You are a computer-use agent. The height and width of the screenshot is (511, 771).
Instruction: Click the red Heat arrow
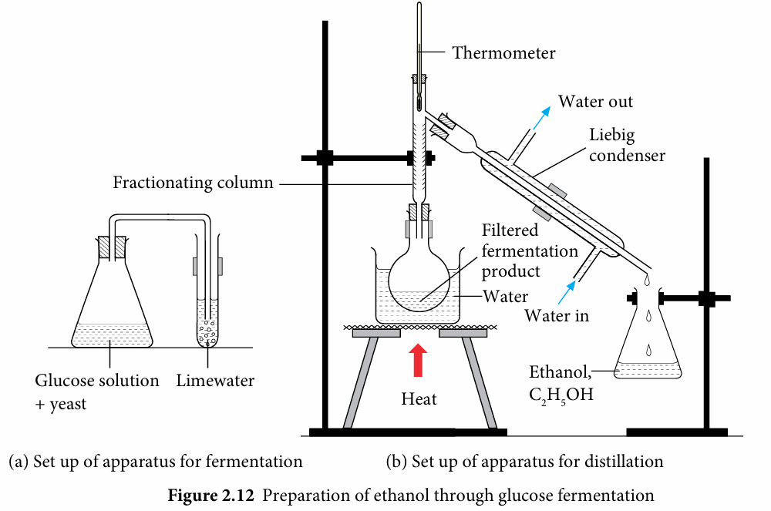click(x=418, y=361)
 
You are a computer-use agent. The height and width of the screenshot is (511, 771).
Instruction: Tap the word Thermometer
click(x=503, y=53)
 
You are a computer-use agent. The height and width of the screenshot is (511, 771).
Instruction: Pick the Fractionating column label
click(x=193, y=183)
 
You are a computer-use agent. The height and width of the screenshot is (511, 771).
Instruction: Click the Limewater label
click(x=215, y=381)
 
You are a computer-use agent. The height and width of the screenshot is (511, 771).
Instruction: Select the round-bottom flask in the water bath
click(x=421, y=277)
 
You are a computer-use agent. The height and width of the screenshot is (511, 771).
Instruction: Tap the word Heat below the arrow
click(x=419, y=399)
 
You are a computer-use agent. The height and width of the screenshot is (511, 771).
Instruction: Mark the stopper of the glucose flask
click(x=113, y=247)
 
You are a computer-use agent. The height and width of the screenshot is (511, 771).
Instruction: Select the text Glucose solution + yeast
click(x=97, y=391)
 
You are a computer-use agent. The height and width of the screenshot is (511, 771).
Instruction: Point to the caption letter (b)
click(x=396, y=462)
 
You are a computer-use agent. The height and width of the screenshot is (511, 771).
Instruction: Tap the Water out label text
click(x=596, y=102)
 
